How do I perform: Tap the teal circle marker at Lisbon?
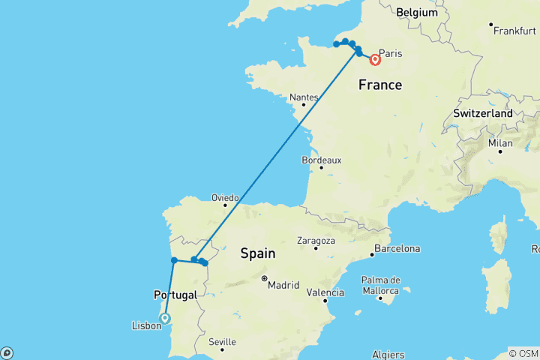point(165,318)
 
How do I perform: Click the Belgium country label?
point(417,13)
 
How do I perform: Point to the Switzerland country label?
point(482,113)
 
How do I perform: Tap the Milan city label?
point(500,142)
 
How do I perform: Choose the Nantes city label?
point(304,97)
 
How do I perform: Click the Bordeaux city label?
point(322,160)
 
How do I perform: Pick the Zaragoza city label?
point(316,241)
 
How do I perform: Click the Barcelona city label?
point(397,248)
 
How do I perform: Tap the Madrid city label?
point(286,285)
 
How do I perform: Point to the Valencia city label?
point(326,292)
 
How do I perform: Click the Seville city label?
point(223,342)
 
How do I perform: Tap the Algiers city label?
point(388,355)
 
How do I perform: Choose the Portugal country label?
point(174,295)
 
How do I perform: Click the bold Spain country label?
point(258,254)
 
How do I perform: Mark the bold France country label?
point(379,85)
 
